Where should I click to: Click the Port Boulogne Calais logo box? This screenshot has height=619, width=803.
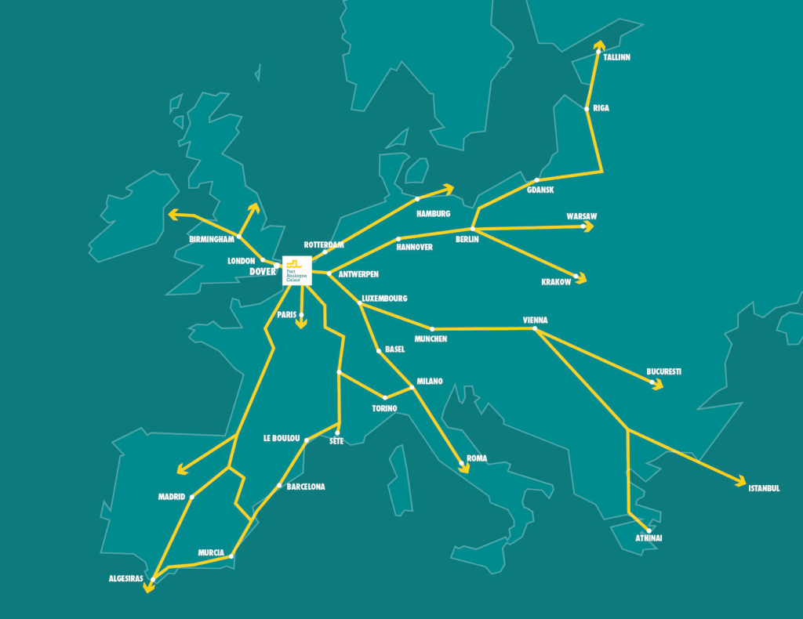[297, 270]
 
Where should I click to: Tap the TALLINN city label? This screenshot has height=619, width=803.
[616, 58]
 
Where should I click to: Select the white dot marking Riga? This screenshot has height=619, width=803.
[587, 109]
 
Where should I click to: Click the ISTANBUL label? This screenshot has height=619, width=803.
[764, 488]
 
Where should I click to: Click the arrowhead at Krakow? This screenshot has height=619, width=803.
[581, 277]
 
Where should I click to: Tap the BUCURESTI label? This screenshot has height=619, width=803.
[663, 371]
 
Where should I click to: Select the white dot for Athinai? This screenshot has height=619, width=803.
[649, 530]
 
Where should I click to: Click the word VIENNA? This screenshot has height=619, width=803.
[535, 320]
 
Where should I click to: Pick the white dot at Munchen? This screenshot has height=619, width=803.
[432, 329]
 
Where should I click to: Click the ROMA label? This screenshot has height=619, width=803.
[477, 458]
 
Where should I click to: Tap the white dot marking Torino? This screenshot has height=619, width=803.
[385, 398]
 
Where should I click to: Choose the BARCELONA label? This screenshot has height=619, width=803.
[306, 487]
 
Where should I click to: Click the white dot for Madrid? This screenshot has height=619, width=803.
[192, 496]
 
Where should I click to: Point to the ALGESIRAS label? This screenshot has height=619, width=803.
[125, 579]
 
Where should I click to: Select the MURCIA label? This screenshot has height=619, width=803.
[211, 552]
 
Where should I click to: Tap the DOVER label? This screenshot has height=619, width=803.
[263, 272]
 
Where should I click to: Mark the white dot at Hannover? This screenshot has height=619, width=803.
[398, 239]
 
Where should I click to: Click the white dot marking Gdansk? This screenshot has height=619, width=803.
[537, 180]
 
